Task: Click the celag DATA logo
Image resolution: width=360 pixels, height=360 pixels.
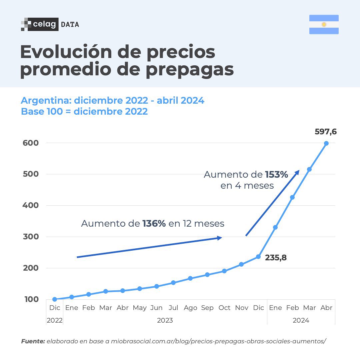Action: point(50,24)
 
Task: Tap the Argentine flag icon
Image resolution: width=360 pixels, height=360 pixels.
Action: point(324,24)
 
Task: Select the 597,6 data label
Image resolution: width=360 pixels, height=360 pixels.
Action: point(326,132)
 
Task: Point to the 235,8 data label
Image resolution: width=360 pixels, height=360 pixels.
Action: point(276,258)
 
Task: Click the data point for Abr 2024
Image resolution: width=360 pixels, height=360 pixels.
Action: point(326,143)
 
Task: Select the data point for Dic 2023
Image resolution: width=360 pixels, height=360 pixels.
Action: point(258,257)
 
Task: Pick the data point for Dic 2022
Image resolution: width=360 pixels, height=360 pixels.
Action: point(55,299)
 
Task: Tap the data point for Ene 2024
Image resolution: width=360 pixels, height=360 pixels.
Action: point(275,227)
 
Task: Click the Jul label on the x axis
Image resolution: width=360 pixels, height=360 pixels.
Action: point(173,308)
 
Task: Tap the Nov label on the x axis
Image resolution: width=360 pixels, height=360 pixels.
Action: point(242,308)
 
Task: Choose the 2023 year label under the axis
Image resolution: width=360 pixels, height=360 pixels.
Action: point(165,321)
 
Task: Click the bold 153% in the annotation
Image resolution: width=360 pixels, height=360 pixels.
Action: point(276,175)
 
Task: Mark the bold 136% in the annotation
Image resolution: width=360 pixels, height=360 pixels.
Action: point(154,224)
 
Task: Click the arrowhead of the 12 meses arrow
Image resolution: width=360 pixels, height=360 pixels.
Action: point(220,238)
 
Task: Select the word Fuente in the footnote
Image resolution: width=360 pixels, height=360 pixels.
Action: point(32,341)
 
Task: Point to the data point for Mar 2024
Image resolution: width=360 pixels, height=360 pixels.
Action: point(309,169)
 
